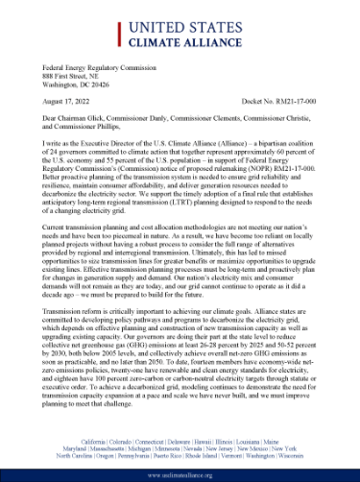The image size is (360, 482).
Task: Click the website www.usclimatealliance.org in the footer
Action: point(180,474)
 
